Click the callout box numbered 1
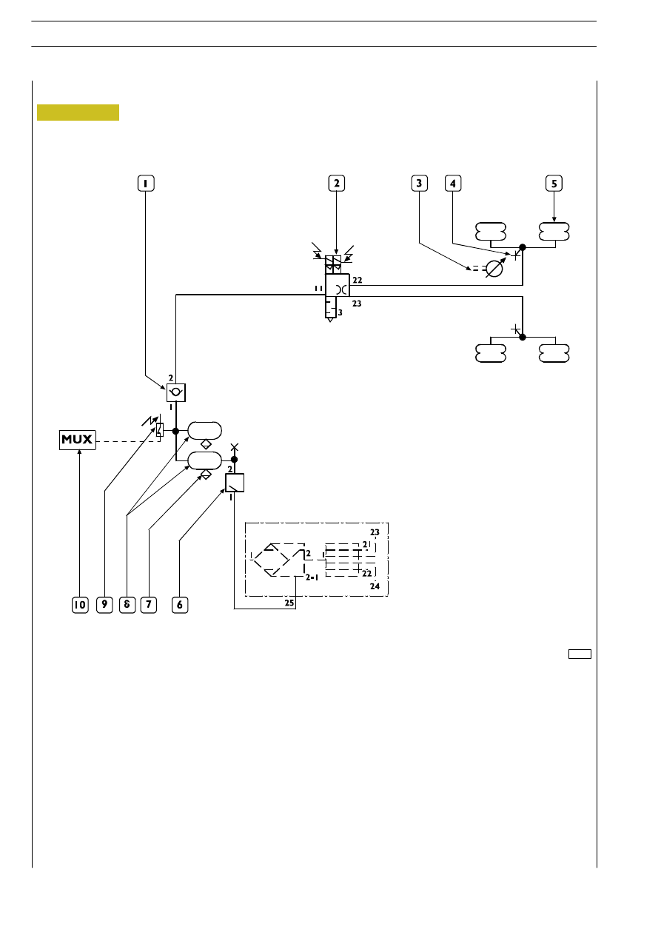146,184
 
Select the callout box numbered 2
337,184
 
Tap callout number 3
420,184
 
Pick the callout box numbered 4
453,184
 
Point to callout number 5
554,184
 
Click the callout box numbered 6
180,605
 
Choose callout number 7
149,605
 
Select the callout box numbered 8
127,605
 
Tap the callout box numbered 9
104,605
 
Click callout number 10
80,605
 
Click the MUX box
78,440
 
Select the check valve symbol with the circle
176,392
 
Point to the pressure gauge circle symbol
494,269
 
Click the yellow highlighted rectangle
78,113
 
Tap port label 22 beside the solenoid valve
358,280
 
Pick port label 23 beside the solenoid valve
357,304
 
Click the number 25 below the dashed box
289,603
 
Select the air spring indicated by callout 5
554,232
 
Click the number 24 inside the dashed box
375,586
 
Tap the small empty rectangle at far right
580,654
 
